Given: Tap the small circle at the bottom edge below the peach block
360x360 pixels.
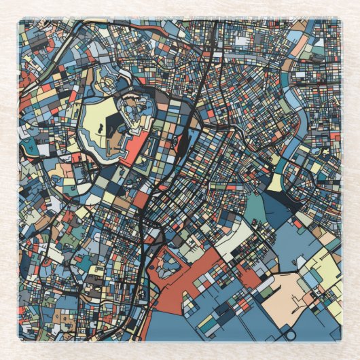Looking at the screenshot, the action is (x=291, y=334).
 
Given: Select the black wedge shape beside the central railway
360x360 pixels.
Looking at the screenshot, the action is (x=182, y=143).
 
